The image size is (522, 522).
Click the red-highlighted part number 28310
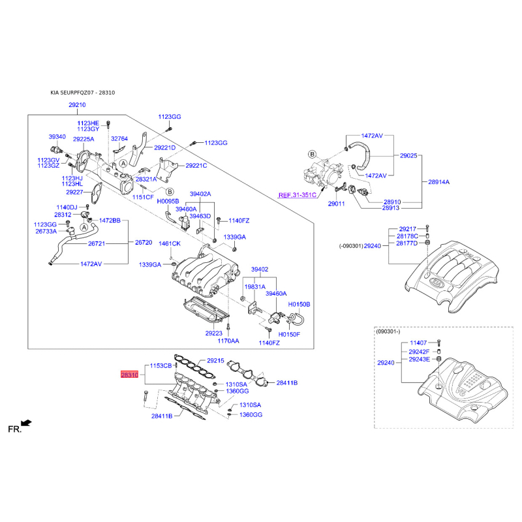[129, 375]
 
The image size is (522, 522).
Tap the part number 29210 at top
[77, 105]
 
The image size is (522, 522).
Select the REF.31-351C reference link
[298, 195]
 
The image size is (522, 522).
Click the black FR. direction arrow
[26, 423]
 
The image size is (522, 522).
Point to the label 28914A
[438, 182]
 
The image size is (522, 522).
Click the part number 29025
[408, 155]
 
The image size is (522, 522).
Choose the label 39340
[57, 137]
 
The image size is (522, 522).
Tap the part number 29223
[214, 333]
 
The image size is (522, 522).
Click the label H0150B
[299, 304]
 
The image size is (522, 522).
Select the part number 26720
[144, 242]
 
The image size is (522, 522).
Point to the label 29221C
[196, 166]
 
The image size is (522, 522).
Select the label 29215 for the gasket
[215, 361]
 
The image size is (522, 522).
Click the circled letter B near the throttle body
[312, 154]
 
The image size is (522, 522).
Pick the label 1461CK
[170, 243]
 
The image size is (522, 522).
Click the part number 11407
[418, 343]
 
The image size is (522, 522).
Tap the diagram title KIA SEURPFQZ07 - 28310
[83, 93]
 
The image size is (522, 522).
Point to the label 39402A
[200, 194]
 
